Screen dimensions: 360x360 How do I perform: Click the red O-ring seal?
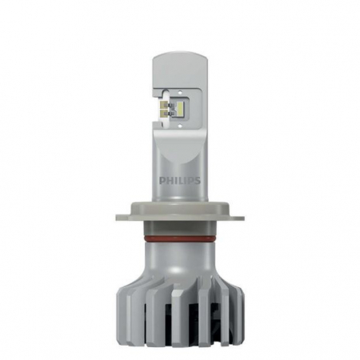[181, 237]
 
